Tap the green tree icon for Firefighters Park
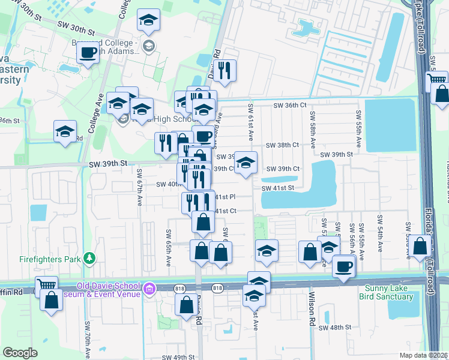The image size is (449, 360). (x=89, y=258)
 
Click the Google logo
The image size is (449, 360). (x=20, y=352)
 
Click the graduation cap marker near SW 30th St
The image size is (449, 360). (x=148, y=20)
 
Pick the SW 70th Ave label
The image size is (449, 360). (x=87, y=343)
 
